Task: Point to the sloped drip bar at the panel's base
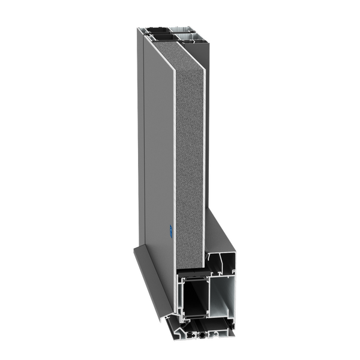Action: [150, 270]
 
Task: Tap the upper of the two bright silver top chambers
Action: [193, 30]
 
